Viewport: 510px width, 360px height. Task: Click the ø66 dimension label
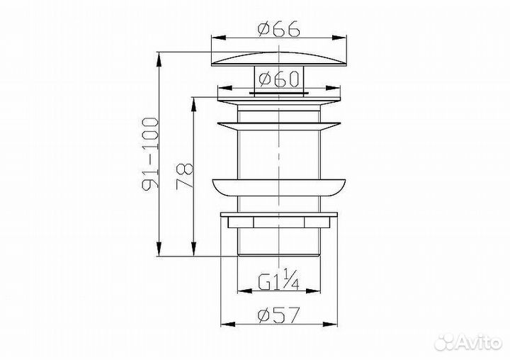point(279,29)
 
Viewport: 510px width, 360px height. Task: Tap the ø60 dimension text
point(279,79)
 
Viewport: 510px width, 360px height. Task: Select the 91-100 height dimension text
point(150,153)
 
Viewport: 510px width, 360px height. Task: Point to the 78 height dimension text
point(184,176)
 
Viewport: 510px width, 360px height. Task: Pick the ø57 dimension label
point(279,315)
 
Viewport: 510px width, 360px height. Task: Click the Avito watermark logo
point(468,342)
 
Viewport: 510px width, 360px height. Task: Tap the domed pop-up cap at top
point(279,60)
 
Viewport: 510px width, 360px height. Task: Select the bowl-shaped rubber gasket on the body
point(279,188)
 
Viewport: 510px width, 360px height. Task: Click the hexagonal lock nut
point(279,223)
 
